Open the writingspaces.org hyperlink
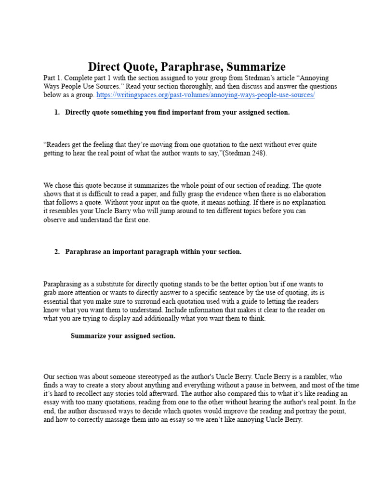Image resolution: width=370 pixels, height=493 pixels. [x=206, y=95]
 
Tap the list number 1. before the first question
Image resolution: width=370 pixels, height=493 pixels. [x=57, y=112]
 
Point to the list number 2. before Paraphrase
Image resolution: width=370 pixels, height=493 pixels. [x=57, y=252]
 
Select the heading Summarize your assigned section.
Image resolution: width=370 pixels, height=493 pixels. [x=123, y=336]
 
